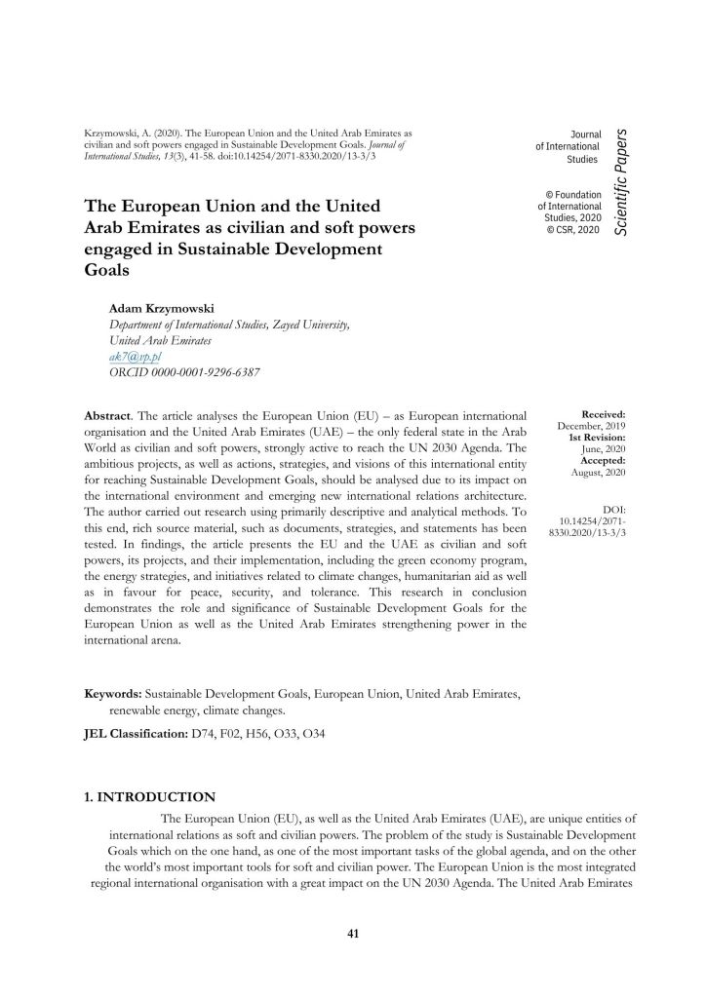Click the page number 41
coord(353,935)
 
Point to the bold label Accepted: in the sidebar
coord(602,460)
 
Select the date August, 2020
coord(598,472)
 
